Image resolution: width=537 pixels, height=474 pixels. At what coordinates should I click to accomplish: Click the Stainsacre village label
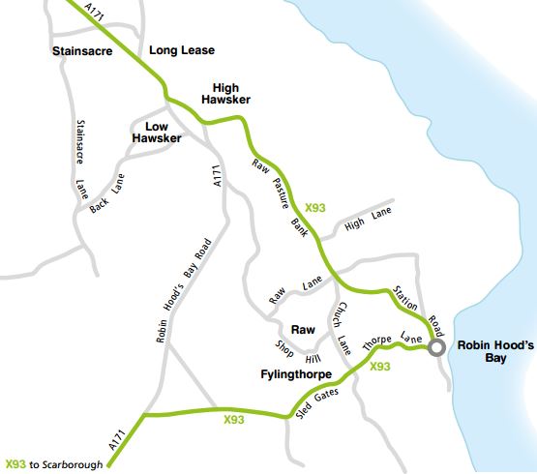click(x=84, y=51)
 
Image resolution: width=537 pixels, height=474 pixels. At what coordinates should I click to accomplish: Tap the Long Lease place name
click(x=183, y=50)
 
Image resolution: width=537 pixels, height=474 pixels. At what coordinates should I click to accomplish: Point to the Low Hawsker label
click(x=157, y=133)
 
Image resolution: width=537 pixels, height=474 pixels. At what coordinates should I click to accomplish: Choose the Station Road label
click(x=417, y=305)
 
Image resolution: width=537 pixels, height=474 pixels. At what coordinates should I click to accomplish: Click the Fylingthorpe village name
click(x=296, y=373)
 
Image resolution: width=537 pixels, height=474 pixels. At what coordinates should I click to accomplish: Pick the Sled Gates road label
click(x=316, y=408)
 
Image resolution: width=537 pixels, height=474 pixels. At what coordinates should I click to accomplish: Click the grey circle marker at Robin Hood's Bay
click(x=437, y=348)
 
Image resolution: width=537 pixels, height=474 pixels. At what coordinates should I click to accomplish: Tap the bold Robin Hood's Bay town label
click(x=495, y=349)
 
